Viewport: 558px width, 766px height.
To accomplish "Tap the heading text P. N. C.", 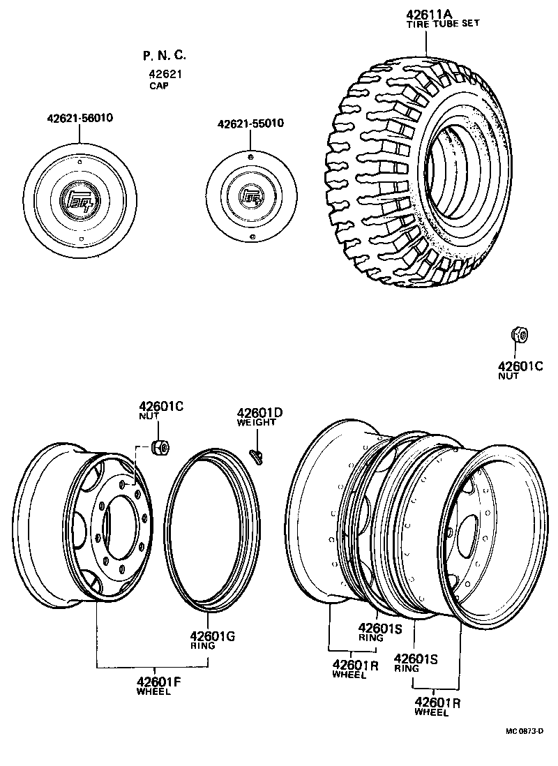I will pos(165,56).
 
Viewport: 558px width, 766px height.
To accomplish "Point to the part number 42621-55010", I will pos(250,123).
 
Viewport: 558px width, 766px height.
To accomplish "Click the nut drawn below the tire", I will pos(518,336).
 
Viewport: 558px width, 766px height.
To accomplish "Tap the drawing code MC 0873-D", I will pos(524,731).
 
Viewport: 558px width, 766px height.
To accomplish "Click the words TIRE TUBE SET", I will pos(443,24).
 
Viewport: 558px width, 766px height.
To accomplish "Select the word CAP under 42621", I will pos(158,87).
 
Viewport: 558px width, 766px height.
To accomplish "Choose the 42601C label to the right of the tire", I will pos(520,366).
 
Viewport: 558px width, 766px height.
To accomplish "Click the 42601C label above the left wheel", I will pos(160,406).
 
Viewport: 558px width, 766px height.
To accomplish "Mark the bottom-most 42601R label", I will pos(437,703).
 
